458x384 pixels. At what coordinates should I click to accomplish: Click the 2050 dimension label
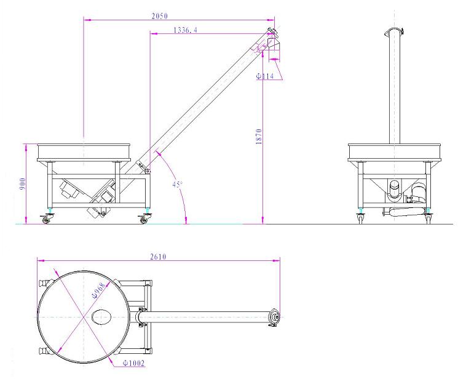(x=159, y=16)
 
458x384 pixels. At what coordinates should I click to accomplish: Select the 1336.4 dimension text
(x=185, y=30)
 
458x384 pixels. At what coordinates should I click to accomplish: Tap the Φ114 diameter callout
(x=265, y=76)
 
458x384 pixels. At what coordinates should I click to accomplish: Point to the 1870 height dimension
(x=259, y=136)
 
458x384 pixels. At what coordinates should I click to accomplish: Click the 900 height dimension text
(x=23, y=183)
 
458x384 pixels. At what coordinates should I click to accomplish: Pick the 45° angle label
(x=177, y=184)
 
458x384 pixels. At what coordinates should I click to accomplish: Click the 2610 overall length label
(x=159, y=257)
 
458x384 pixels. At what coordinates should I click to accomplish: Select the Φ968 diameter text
(x=98, y=290)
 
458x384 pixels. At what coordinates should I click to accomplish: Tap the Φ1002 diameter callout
(x=133, y=363)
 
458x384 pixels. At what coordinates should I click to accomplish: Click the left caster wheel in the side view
(x=47, y=218)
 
